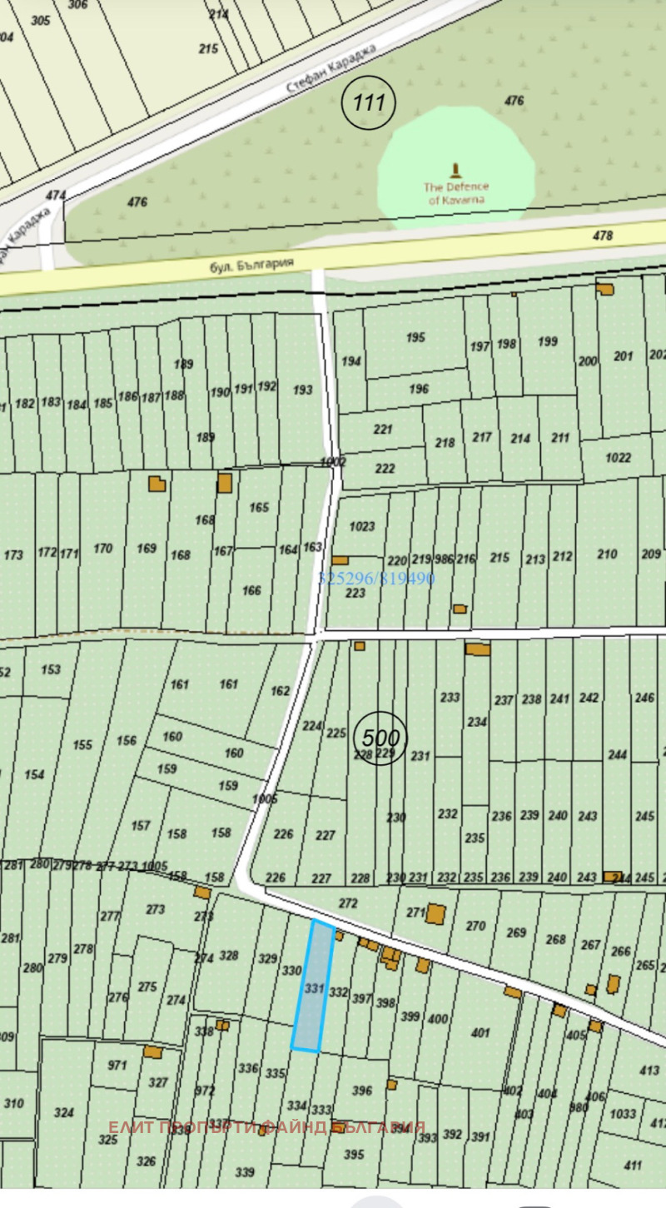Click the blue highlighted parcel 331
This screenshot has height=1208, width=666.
click(x=313, y=987)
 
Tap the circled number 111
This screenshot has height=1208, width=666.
click(x=369, y=102)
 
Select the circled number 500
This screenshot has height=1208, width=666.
click(x=380, y=738)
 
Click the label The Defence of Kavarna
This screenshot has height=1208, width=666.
click(x=457, y=193)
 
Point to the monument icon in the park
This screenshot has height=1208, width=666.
click(x=455, y=172)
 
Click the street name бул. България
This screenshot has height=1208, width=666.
click(x=252, y=265)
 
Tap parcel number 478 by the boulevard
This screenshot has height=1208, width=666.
click(x=602, y=236)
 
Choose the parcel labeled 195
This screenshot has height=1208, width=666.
click(x=415, y=337)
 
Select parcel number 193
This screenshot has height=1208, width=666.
click(x=303, y=390)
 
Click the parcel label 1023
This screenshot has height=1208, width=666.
click(x=363, y=526)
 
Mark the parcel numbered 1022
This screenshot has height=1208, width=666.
click(x=619, y=457)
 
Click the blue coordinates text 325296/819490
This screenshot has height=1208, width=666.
click(x=377, y=579)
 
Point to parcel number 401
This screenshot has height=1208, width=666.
click(x=480, y=1032)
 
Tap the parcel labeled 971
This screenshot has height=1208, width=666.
click(x=117, y=1065)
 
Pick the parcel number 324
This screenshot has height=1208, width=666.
click(x=64, y=1112)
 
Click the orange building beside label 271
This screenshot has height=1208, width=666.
click(x=435, y=913)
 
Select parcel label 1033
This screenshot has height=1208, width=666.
click(x=622, y=1113)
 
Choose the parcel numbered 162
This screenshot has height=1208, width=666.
click(x=281, y=691)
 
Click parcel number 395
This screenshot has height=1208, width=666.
click(x=354, y=1154)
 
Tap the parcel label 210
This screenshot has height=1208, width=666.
click(x=608, y=554)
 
